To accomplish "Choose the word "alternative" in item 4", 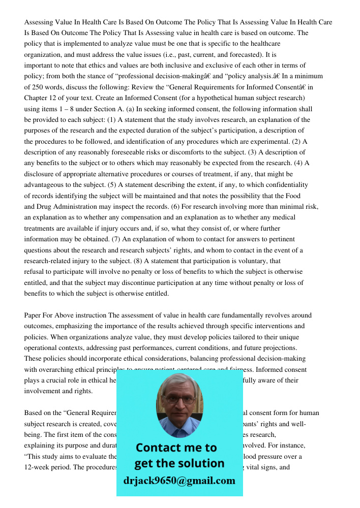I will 108,174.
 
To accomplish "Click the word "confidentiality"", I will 283,185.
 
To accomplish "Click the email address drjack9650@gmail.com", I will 179,481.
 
